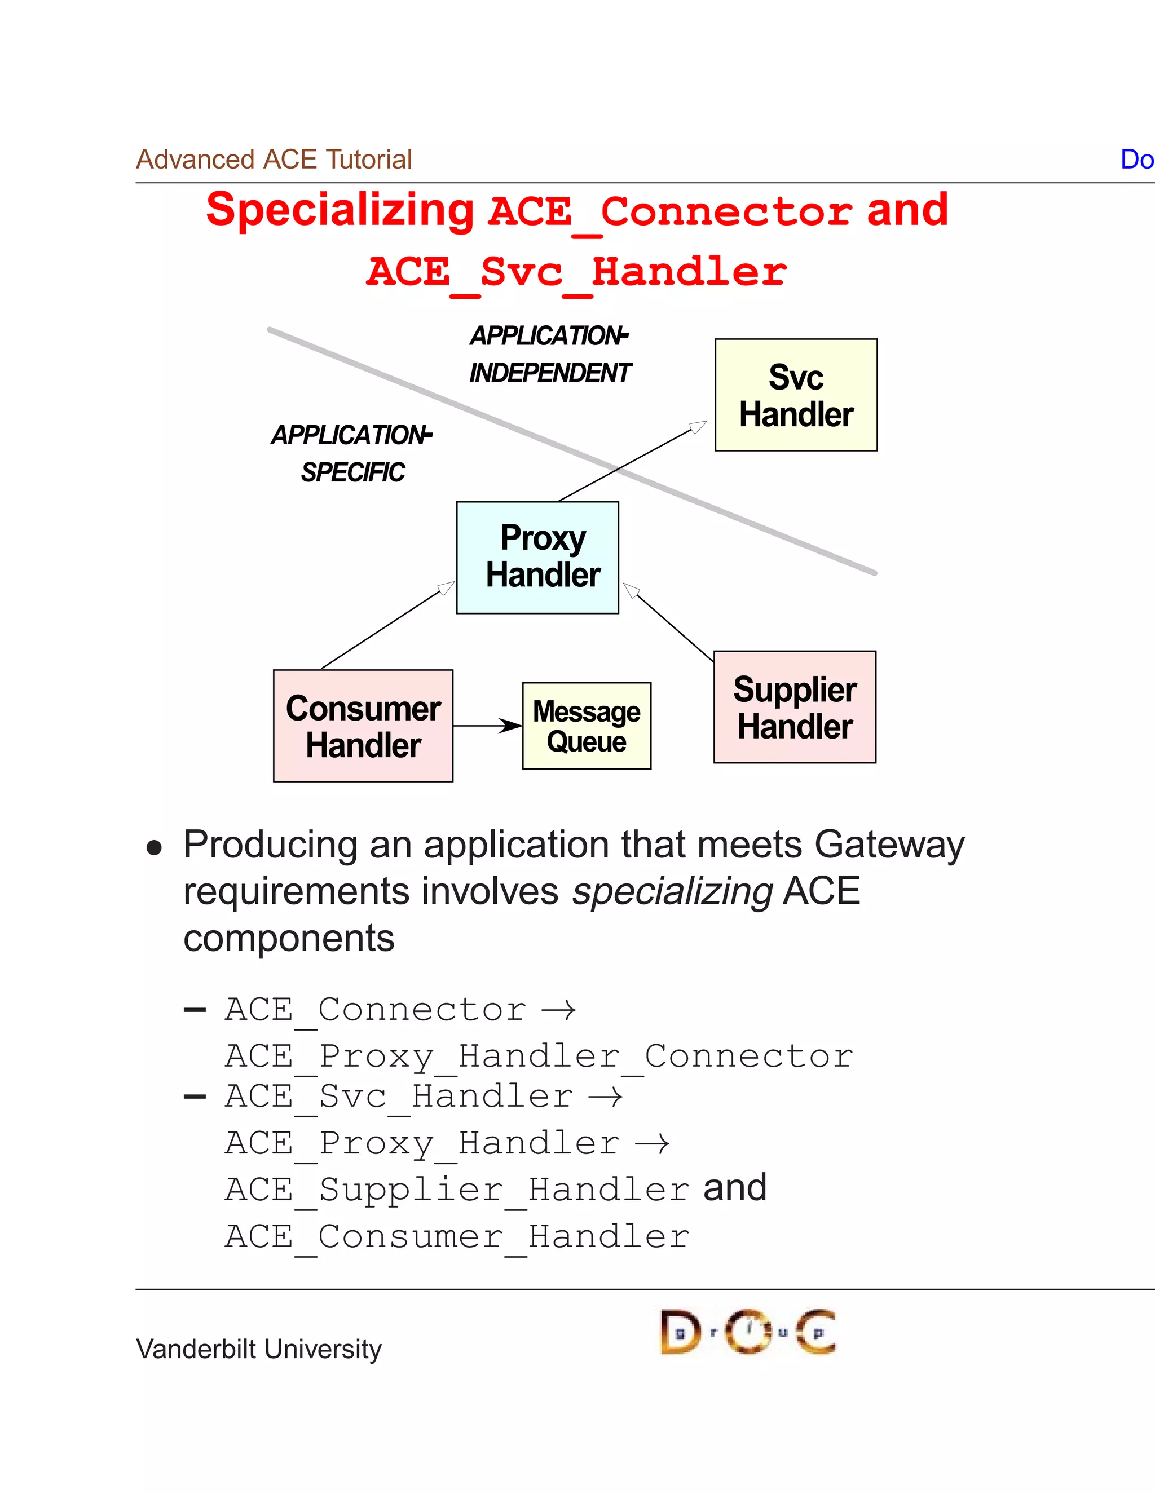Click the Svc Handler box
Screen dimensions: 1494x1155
796,395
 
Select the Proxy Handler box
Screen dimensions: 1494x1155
538,557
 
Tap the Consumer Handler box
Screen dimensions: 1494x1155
363,725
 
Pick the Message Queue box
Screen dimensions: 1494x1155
587,725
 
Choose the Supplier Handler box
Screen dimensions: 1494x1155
795,706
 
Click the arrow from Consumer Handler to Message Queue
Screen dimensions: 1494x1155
486,725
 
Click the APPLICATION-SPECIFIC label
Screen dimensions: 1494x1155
352,453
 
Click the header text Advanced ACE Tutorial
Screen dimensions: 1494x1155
274,160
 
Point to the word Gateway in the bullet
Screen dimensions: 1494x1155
889,845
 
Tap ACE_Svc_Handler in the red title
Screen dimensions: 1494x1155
576,272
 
